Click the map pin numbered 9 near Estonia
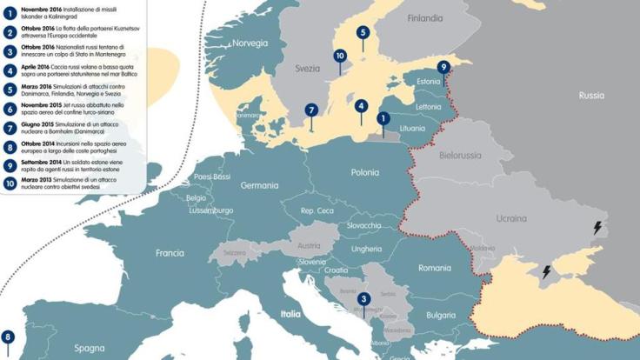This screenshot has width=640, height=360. (x=443, y=67)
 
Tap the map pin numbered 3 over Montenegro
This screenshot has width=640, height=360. (x=363, y=299)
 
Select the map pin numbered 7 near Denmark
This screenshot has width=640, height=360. (x=310, y=110)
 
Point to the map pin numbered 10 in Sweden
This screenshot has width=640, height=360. (x=340, y=56)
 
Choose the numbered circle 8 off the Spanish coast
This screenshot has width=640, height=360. (x=8, y=337)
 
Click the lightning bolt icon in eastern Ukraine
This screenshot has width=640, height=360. (x=597, y=228)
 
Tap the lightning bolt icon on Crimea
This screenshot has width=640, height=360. (x=546, y=271)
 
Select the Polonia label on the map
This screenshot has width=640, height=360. (x=364, y=172)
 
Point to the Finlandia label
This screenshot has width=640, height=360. (x=424, y=17)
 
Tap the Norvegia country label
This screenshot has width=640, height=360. (x=250, y=43)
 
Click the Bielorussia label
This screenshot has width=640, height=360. (x=460, y=156)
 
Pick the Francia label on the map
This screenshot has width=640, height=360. (x=170, y=253)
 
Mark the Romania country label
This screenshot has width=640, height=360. (x=435, y=269)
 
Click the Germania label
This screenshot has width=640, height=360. (x=259, y=185)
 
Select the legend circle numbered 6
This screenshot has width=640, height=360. (x=9, y=109)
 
